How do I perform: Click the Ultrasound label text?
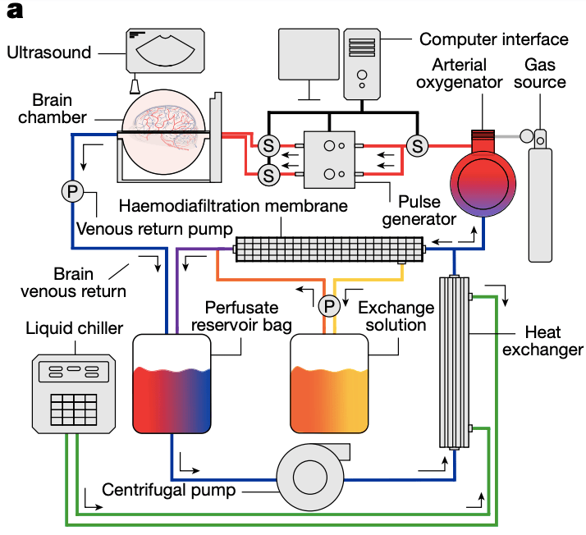[48, 53]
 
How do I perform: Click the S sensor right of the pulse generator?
[418, 145]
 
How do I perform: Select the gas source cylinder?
[540, 197]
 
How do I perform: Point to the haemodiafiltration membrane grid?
[329, 249]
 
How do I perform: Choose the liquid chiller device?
[74, 393]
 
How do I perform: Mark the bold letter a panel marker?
[14, 11]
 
